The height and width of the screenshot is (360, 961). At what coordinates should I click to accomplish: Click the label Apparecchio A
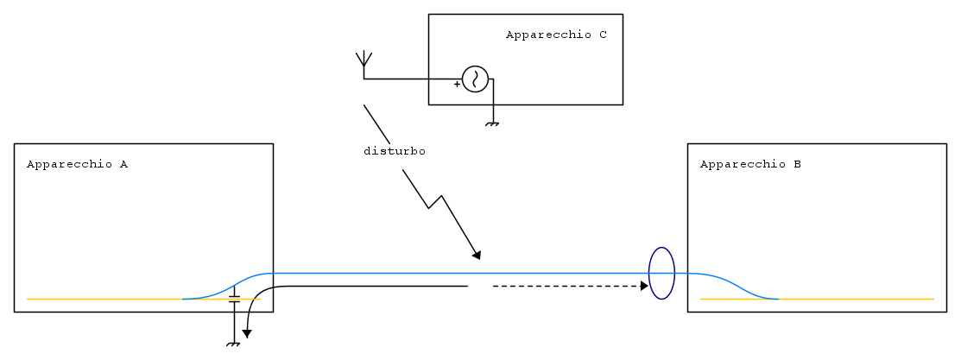coord(77,164)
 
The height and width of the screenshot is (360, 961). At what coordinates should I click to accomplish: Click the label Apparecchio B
coord(750,164)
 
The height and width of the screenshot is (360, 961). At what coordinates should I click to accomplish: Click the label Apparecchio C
coord(556,35)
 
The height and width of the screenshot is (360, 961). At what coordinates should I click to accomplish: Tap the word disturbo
coord(394,151)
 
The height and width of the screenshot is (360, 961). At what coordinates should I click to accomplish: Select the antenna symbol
coord(364,60)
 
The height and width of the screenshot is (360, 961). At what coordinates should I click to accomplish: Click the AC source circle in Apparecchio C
coord(475,79)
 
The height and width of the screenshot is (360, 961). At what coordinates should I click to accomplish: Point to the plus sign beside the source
coord(457,85)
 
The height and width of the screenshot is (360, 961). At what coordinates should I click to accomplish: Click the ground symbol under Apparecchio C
coord(492,124)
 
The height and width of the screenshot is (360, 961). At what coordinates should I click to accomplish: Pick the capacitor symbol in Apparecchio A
coord(234,300)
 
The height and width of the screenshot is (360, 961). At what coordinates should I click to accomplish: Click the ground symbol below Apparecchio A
coord(233,345)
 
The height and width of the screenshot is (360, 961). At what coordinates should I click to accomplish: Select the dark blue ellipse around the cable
coord(661,273)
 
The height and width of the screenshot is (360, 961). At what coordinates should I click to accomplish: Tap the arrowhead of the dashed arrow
coord(644,286)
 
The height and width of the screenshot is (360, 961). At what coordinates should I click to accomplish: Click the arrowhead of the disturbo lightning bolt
coord(476,255)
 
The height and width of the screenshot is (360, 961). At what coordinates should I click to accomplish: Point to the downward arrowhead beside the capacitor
coord(247,333)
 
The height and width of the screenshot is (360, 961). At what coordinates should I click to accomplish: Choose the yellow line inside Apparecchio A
coord(104,299)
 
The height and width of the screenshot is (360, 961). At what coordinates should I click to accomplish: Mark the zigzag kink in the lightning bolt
coord(435,202)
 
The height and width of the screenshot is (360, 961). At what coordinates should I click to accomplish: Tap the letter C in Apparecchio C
coord(603,35)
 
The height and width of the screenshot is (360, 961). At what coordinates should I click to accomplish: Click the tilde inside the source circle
coord(475,79)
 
